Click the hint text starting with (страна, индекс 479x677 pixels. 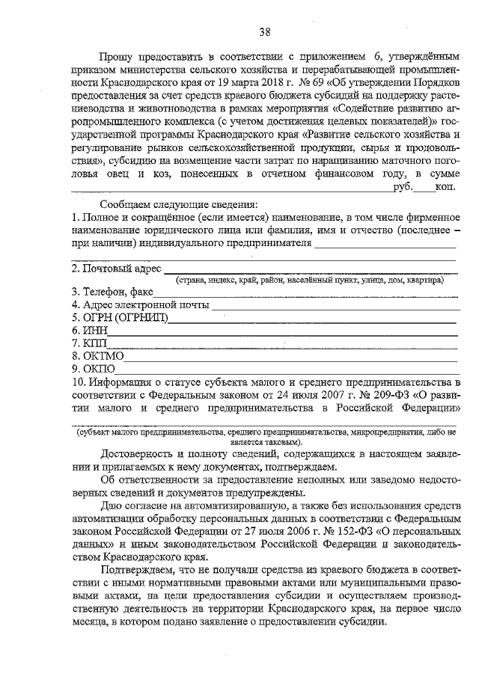pyautogui.click(x=308, y=280)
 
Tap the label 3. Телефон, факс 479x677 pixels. pyautogui.click(x=112, y=292)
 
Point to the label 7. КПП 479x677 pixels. pyautogui.click(x=91, y=343)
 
